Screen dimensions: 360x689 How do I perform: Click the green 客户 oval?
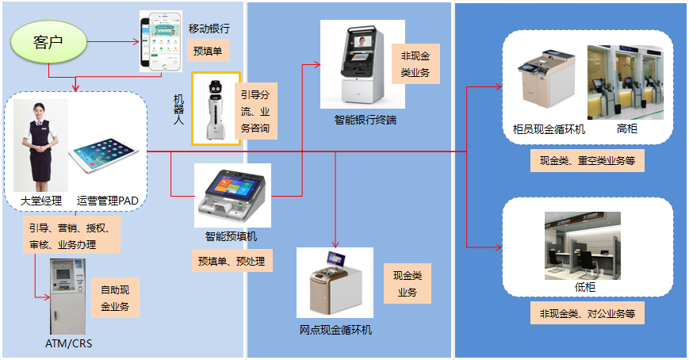coord(48,42)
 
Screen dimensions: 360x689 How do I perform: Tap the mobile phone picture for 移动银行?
coord(161,42)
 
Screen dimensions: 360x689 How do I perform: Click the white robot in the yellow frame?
coord(215,109)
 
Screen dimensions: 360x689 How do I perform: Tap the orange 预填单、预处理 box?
coord(232,260)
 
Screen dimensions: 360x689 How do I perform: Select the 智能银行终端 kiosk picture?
coord(362,64)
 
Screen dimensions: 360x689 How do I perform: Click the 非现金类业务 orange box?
coord(415,63)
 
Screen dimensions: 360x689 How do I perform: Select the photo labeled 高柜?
coord(626,82)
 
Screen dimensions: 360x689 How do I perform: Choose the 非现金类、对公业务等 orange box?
coord(588,313)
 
